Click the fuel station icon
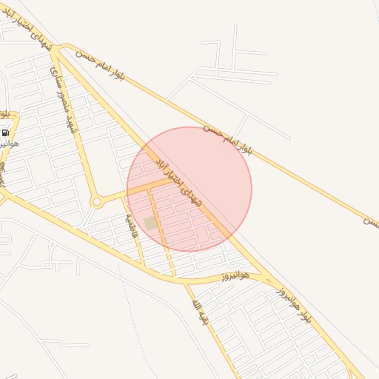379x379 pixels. pyautogui.click(x=6, y=133)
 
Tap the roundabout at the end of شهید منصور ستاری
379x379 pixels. pyautogui.click(x=96, y=201)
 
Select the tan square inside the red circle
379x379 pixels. pyautogui.click(x=151, y=223)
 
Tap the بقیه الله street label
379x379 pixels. pyautogui.click(x=200, y=312)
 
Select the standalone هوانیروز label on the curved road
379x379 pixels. pyautogui.click(x=235, y=277)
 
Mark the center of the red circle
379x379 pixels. pyautogui.click(x=189, y=189)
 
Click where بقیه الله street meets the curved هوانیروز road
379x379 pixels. pyautogui.click(x=176, y=279)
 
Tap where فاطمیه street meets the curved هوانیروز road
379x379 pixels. pyautogui.click(x=142, y=264)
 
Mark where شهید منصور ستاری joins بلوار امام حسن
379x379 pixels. pyautogui.click(x=56, y=50)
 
